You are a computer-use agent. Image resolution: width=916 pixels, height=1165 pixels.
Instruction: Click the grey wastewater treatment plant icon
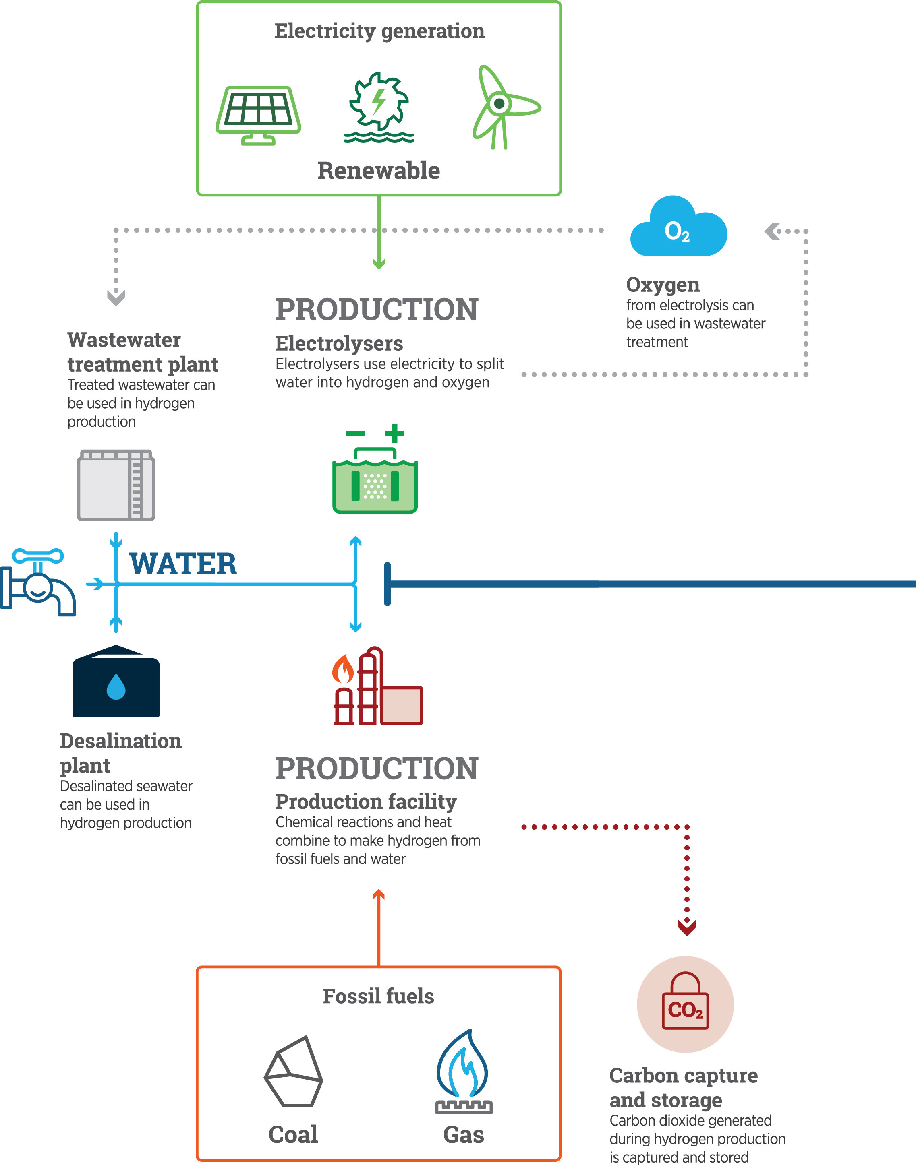pos(116,485)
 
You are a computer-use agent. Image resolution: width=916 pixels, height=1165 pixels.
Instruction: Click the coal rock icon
pos(293,1072)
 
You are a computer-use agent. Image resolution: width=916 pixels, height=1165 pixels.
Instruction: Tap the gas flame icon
pos(463,1072)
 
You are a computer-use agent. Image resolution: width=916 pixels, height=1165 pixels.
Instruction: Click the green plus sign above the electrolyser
pos(394,433)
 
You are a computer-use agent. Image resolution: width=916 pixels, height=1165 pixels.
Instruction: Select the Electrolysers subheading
pos(339,343)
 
